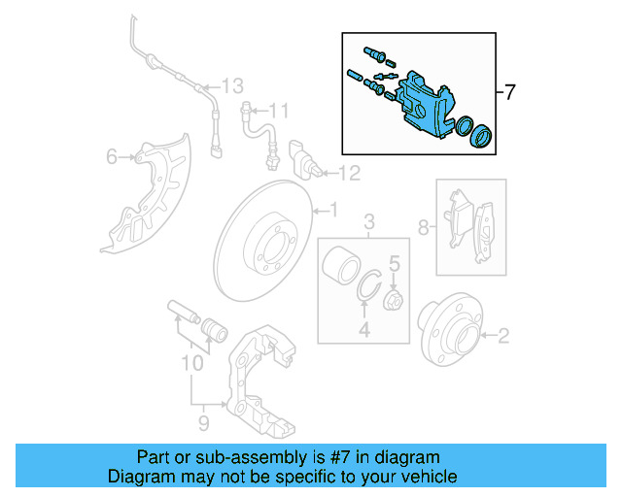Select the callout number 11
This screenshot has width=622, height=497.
tap(279, 110)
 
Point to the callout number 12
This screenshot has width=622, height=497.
tap(349, 174)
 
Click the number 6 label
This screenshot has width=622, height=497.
tap(112, 156)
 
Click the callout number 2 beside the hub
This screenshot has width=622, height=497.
tap(502, 337)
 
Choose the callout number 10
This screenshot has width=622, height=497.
tap(191, 364)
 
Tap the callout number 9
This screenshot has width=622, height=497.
tap(203, 423)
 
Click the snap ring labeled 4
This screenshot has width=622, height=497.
tap(365, 291)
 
